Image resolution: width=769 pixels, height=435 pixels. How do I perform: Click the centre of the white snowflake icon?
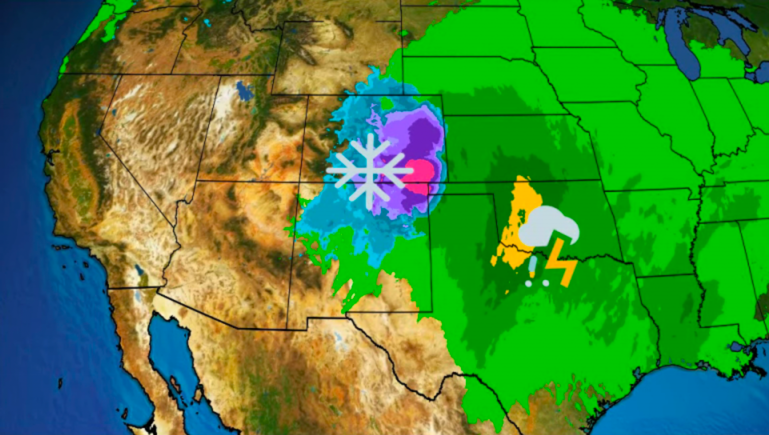(369, 170)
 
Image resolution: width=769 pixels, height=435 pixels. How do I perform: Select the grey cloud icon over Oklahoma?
(547, 226)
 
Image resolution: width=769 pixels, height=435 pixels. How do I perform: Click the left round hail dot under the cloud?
(528, 283)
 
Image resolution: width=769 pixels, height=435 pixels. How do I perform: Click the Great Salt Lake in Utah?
(244, 91)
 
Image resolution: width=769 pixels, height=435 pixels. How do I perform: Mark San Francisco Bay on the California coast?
(50, 155)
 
